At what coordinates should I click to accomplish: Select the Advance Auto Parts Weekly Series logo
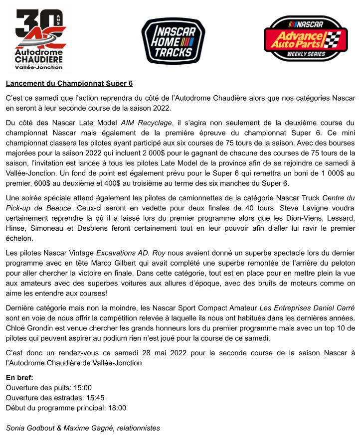click(305, 39)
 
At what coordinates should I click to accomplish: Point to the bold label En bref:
click(19, 378)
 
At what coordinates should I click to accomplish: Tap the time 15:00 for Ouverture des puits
click(82, 388)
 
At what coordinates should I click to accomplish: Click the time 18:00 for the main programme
click(117, 408)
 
